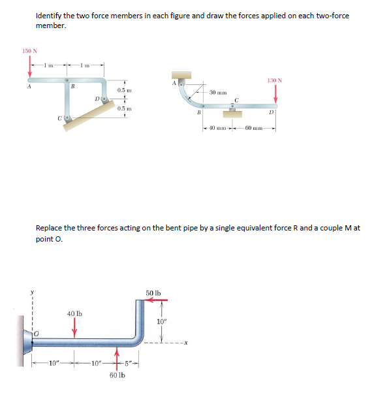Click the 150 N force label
click(30, 51)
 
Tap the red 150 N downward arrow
click(30, 66)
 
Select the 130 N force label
click(275, 80)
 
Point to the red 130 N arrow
click(275, 94)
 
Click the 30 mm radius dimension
click(218, 93)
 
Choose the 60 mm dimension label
click(254, 128)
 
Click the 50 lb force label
click(153, 293)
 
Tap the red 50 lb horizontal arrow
click(157, 300)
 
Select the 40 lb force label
click(74, 313)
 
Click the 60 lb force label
click(117, 375)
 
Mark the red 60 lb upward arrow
click(117, 360)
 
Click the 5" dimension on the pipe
click(128, 364)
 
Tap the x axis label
click(185, 343)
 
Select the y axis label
click(32, 292)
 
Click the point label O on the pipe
click(37, 334)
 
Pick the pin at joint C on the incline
click(67, 118)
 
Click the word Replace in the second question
click(49, 228)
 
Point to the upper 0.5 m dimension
click(124, 90)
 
